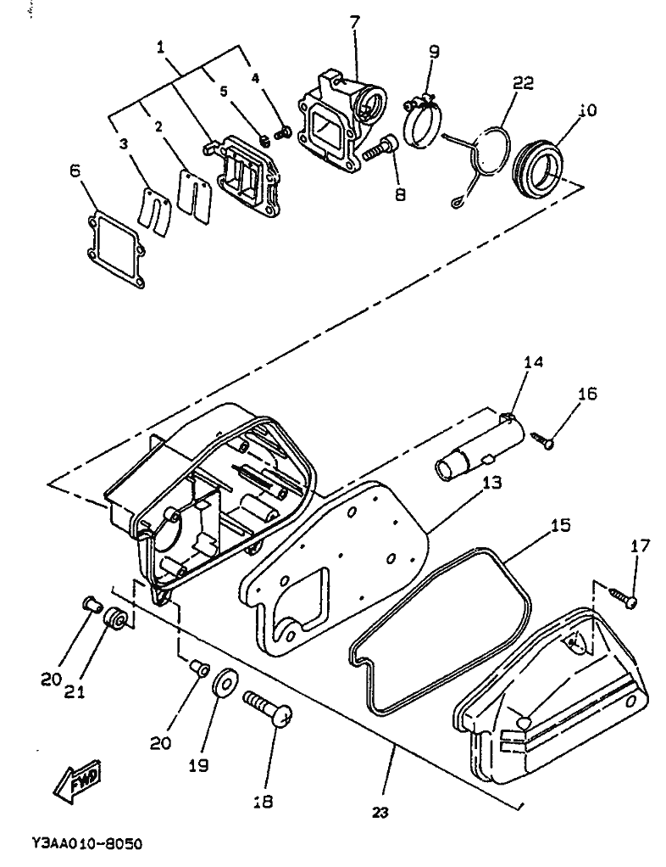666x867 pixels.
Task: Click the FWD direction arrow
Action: tap(80, 785)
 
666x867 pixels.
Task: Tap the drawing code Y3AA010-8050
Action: tap(87, 844)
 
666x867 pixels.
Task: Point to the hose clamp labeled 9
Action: tap(421, 123)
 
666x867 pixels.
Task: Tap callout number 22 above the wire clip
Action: tap(524, 82)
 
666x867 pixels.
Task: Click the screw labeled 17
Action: tap(623, 597)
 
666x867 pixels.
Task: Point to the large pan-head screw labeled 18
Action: tap(268, 708)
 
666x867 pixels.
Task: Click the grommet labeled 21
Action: tap(118, 618)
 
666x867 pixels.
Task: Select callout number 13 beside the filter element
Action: tap(491, 483)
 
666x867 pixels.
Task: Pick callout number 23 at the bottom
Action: tap(380, 813)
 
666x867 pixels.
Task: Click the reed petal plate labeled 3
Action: tap(154, 213)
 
